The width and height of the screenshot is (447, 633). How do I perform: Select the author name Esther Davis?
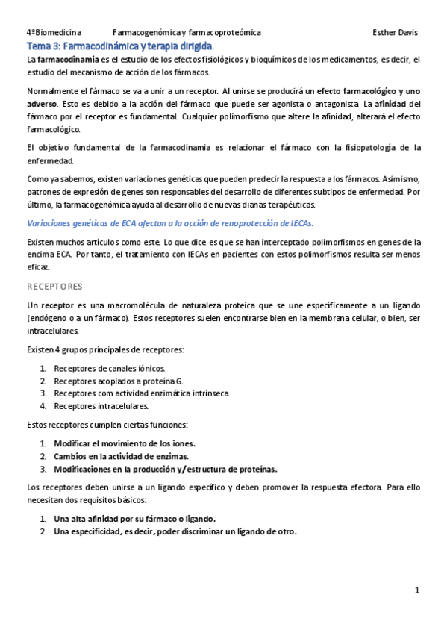click(x=395, y=33)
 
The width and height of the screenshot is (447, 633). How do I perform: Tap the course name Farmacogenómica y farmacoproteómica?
click(x=187, y=33)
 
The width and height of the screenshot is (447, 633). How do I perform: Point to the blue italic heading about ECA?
click(x=170, y=222)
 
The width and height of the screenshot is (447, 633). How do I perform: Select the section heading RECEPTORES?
click(x=54, y=286)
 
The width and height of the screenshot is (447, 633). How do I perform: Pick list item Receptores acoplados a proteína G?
click(x=118, y=381)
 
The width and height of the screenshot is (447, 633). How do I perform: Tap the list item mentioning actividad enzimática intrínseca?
click(x=142, y=393)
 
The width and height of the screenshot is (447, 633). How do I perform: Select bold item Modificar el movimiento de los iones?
click(x=124, y=443)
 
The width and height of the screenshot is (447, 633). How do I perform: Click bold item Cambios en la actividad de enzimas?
click(x=121, y=456)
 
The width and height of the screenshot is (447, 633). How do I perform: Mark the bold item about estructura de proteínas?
click(x=165, y=469)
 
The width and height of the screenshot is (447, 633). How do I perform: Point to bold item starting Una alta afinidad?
click(x=134, y=519)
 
